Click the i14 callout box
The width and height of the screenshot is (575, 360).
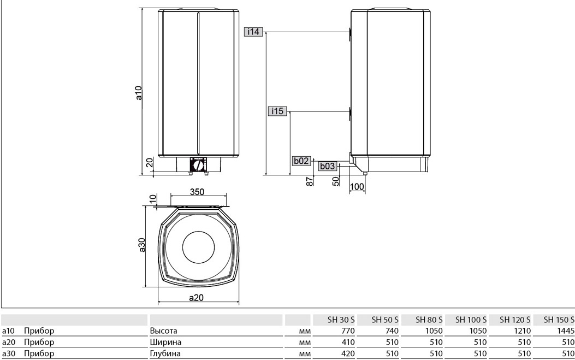click(x=253, y=32)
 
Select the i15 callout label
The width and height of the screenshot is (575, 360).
click(x=277, y=111)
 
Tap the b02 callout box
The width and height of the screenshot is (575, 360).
click(x=301, y=161)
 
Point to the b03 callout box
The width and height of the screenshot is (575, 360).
click(x=328, y=166)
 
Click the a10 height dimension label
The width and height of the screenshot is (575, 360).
click(x=138, y=93)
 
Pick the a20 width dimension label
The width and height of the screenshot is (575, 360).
click(x=196, y=298)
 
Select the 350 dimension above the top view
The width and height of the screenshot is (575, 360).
click(x=197, y=192)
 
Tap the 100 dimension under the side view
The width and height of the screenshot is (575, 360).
click(x=357, y=186)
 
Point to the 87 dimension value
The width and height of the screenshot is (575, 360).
click(x=310, y=181)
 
